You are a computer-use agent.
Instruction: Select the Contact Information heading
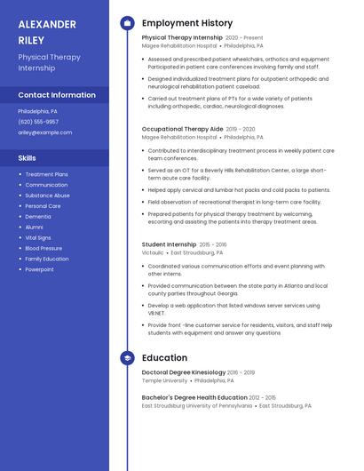pyautogui.click(x=57, y=95)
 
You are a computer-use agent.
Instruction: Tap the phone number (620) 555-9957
pyautogui.click(x=38, y=122)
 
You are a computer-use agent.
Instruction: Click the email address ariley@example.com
pyautogui.click(x=45, y=132)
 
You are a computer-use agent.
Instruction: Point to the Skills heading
pyautogui.click(x=28, y=157)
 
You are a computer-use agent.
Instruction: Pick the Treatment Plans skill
pyautogui.click(x=47, y=174)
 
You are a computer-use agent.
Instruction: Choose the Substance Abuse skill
pyautogui.click(x=48, y=196)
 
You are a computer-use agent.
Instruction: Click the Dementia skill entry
pyautogui.click(x=38, y=217)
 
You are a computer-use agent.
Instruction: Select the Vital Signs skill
pyautogui.click(x=38, y=238)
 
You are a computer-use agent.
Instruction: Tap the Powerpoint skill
pyautogui.click(x=40, y=269)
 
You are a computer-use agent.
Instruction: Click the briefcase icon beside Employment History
pyautogui.click(x=127, y=22)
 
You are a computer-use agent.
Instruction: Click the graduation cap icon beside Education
pyautogui.click(x=127, y=358)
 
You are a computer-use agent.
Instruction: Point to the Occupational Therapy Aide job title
pyautogui.click(x=182, y=129)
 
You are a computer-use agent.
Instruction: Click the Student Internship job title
pyautogui.click(x=169, y=244)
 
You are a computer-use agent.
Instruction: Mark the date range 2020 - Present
pyautogui.click(x=244, y=38)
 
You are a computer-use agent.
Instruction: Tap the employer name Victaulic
pyautogui.click(x=153, y=252)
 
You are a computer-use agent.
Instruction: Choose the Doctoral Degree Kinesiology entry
pyautogui.click(x=184, y=372)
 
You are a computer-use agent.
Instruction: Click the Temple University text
pyautogui.click(x=164, y=380)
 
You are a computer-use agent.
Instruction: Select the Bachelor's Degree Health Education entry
pyautogui.click(x=194, y=397)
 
